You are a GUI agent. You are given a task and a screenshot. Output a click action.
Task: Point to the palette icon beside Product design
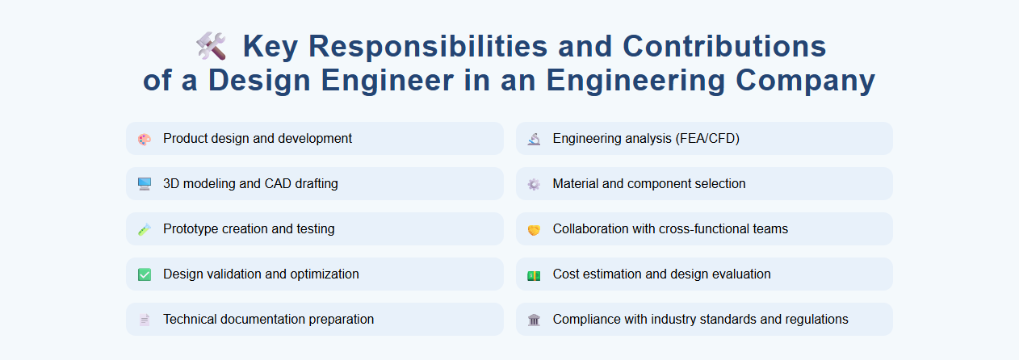(145, 139)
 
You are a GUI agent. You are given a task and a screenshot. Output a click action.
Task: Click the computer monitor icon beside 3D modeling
(145, 184)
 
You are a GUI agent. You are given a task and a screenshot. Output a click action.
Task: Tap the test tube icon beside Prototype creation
(145, 229)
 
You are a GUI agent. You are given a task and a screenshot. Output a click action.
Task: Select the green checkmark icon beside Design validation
(145, 274)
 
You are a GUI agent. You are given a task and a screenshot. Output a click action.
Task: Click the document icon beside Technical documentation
(145, 320)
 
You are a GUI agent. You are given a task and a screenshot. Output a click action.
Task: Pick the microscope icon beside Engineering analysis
(534, 139)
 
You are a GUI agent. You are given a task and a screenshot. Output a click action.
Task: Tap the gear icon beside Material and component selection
(534, 184)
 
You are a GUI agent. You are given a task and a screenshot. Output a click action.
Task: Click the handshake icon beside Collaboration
(534, 229)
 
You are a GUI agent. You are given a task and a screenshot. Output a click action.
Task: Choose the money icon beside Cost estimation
(534, 274)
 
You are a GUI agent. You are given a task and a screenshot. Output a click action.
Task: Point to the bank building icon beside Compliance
(534, 320)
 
